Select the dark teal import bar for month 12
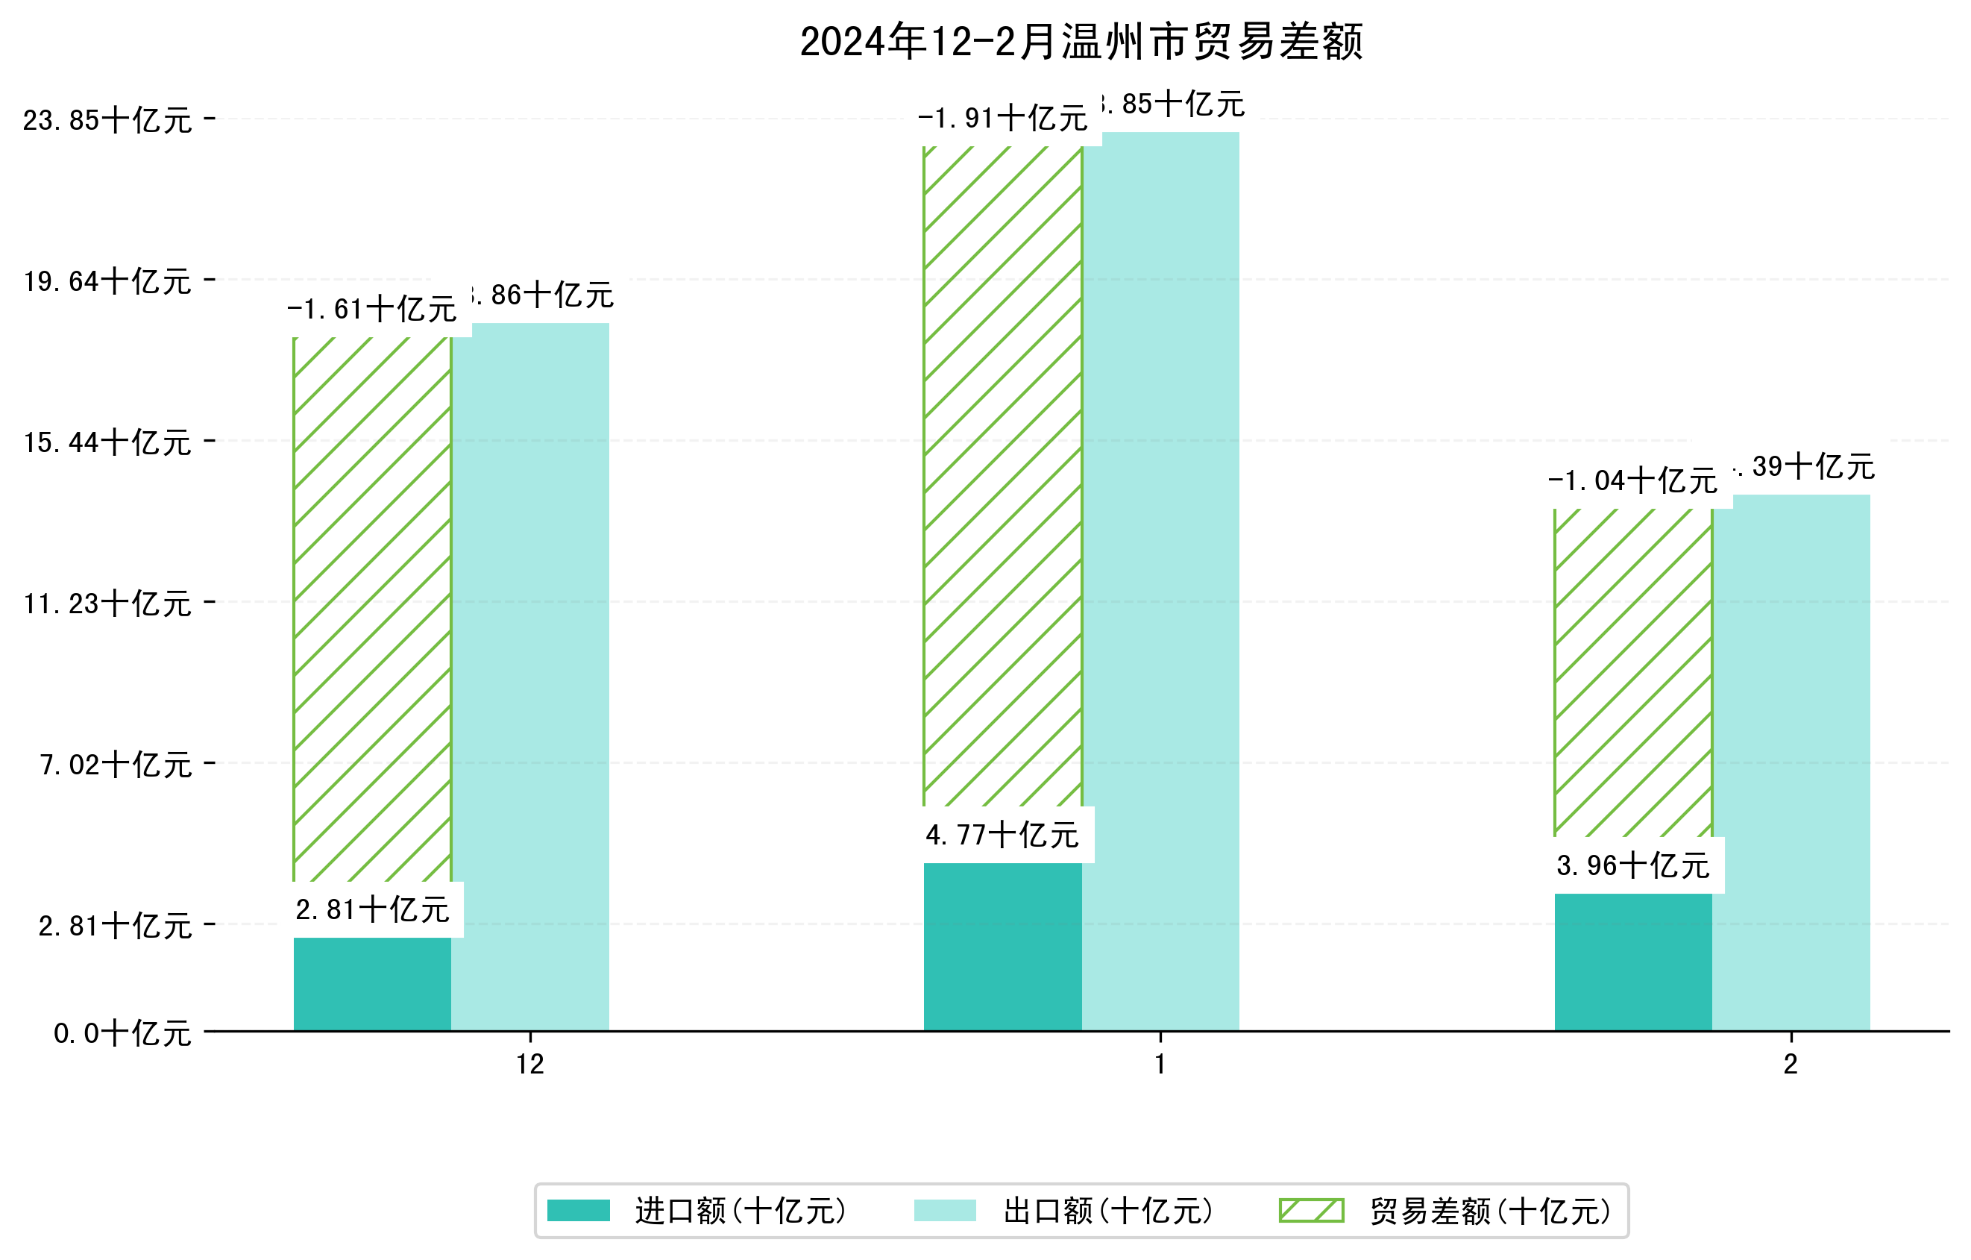pos(371,984)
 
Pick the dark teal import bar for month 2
pos(1632,962)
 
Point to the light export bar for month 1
pos(1160,581)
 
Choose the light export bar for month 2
pos(1791,762)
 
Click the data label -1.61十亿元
pos(371,310)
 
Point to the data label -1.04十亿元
pos(1632,480)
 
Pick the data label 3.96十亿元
pos(1632,865)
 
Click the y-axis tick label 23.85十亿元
pos(107,120)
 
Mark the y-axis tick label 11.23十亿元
pos(107,604)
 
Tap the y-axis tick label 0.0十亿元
pos(122,1033)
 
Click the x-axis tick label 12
pos(529,1065)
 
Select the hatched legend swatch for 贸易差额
pos(1311,1210)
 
